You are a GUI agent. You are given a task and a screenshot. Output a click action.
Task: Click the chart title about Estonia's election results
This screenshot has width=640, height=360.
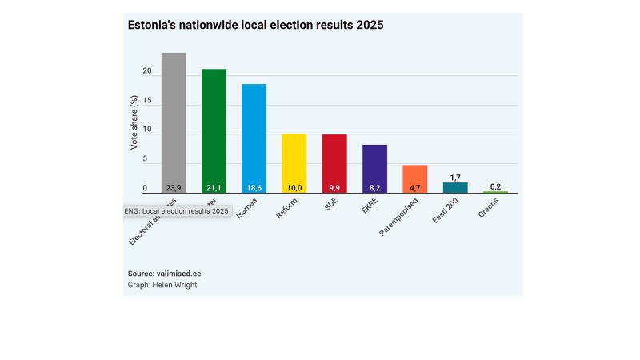(256, 26)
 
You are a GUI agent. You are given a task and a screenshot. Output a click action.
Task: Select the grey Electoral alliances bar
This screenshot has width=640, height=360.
(174, 120)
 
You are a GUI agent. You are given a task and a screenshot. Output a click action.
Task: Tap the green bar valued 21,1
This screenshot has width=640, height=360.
(214, 128)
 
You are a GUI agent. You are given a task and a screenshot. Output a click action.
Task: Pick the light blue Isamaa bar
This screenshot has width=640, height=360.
(254, 136)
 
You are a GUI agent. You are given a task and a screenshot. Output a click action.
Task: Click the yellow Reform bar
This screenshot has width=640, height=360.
(294, 160)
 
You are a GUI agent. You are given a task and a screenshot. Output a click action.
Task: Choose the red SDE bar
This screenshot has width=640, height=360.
(334, 160)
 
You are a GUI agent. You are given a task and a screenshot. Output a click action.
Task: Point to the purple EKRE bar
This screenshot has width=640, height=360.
(374, 166)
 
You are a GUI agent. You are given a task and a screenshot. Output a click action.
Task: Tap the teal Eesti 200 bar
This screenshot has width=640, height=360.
(455, 188)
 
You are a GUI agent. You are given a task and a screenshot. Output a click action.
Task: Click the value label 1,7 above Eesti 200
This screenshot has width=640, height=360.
(455, 176)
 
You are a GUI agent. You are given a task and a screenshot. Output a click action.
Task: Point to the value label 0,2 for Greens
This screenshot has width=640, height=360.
(495, 185)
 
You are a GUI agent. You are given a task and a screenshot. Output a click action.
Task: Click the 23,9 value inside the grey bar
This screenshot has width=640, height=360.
(174, 188)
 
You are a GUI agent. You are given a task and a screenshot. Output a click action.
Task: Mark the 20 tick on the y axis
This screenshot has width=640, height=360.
(146, 71)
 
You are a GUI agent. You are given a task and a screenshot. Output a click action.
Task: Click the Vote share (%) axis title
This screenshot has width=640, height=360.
(134, 122)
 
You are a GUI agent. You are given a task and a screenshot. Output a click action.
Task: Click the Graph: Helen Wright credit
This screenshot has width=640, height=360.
(162, 285)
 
